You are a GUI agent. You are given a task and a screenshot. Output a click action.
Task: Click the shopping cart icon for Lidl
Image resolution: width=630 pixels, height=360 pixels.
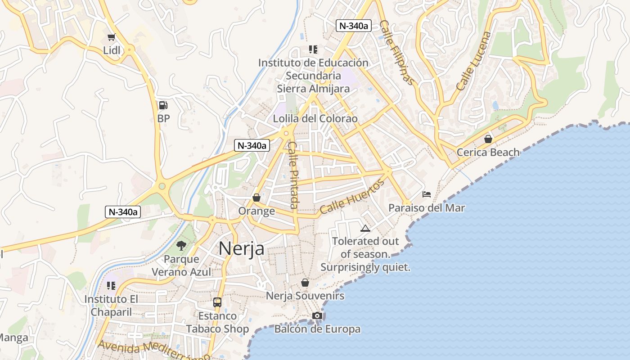click(111, 37)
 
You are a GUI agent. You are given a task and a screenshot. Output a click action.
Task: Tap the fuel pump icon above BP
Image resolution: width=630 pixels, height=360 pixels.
click(163, 106)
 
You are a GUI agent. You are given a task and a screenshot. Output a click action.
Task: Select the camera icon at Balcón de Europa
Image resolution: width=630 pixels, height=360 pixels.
click(317, 315)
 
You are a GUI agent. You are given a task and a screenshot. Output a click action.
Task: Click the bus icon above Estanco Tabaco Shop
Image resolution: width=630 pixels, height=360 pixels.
click(217, 302)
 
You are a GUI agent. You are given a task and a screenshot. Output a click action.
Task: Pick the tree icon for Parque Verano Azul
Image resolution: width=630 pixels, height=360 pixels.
click(181, 245)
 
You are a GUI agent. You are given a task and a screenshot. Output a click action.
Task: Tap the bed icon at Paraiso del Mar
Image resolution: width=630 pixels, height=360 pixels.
click(427, 194)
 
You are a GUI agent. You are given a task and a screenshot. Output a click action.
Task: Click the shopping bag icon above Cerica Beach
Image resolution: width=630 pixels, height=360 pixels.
click(488, 139)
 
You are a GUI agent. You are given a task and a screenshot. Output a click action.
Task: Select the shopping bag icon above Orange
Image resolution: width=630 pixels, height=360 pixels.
click(256, 198)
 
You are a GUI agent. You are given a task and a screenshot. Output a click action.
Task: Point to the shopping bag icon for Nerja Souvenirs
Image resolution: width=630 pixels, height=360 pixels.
click(305, 283)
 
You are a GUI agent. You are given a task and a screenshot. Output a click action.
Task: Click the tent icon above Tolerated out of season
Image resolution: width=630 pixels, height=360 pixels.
click(365, 228)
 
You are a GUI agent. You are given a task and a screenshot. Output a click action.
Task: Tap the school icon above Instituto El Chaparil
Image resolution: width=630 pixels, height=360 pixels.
click(111, 285)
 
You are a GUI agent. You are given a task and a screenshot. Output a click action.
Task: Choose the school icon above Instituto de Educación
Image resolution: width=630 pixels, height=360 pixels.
click(313, 49)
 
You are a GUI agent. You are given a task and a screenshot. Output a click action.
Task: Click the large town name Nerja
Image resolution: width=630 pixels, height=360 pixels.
click(241, 248)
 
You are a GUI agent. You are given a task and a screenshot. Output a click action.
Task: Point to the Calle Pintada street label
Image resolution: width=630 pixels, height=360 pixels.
click(293, 175)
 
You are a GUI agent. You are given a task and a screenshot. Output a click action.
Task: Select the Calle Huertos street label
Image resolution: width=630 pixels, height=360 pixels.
click(353, 196)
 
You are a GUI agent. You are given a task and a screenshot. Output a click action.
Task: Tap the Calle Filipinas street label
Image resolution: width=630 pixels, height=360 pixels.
click(396, 53)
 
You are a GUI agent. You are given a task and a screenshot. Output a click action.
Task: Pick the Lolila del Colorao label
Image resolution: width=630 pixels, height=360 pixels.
click(315, 119)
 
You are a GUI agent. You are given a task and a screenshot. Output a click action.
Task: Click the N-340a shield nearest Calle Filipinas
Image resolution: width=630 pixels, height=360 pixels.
click(354, 26)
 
